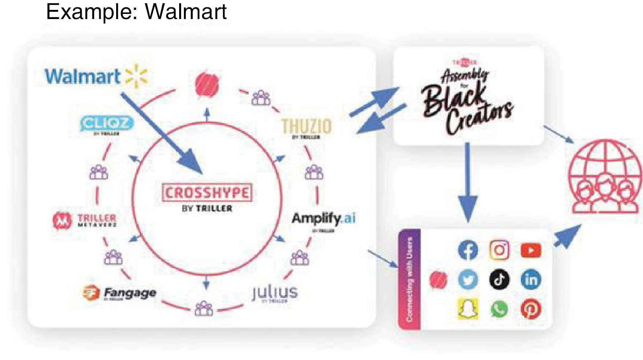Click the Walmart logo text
[x=82, y=77]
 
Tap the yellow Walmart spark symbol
[x=136, y=76]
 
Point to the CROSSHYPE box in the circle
[x=207, y=193]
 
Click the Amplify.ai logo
[x=323, y=219]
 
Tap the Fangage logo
[x=120, y=293]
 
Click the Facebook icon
[x=468, y=250]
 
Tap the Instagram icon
[x=499, y=250]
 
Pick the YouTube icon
[x=531, y=250]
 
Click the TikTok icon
[x=499, y=279]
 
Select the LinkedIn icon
[x=531, y=279]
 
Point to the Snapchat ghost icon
[x=468, y=309]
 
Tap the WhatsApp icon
[x=499, y=309]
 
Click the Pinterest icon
[x=531, y=309]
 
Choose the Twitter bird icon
[x=468, y=279]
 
